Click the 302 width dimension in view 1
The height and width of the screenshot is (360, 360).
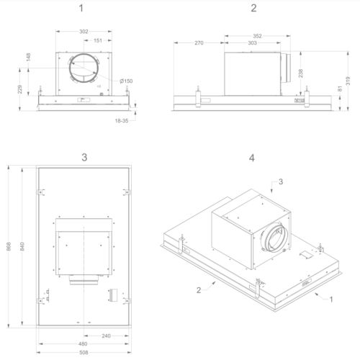(84, 32)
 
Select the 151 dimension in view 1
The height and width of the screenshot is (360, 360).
(98, 40)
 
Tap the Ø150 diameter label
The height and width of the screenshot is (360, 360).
(126, 81)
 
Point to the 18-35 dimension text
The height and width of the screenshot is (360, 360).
(122, 121)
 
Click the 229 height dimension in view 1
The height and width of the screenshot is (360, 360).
(20, 89)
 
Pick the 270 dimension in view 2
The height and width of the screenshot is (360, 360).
(199, 43)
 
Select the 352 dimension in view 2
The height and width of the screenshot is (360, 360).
(257, 36)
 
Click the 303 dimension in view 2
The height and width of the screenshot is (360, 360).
(252, 43)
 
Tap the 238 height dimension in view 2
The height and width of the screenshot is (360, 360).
(301, 73)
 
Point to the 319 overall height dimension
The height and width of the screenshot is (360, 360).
(348, 81)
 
